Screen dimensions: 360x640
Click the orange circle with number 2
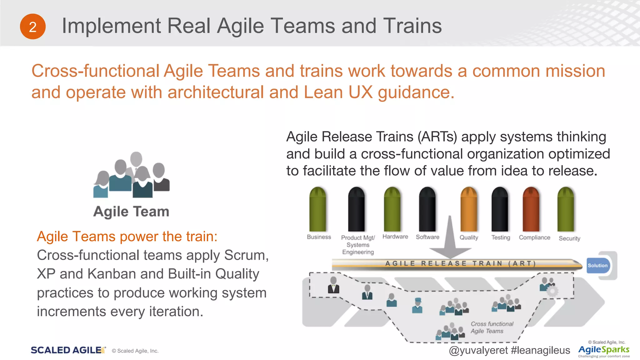tap(32, 27)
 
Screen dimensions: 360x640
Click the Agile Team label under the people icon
tap(131, 212)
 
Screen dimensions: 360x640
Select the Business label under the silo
tap(319, 237)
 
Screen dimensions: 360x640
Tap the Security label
tap(569, 238)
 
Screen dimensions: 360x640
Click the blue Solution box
tap(598, 266)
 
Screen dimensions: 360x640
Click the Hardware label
tap(395, 237)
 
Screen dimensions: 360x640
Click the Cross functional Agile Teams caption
tap(492, 327)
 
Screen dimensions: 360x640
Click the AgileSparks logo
tap(604, 350)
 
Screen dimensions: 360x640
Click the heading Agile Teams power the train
tap(127, 237)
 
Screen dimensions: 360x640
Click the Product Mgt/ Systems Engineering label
tap(358, 245)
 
